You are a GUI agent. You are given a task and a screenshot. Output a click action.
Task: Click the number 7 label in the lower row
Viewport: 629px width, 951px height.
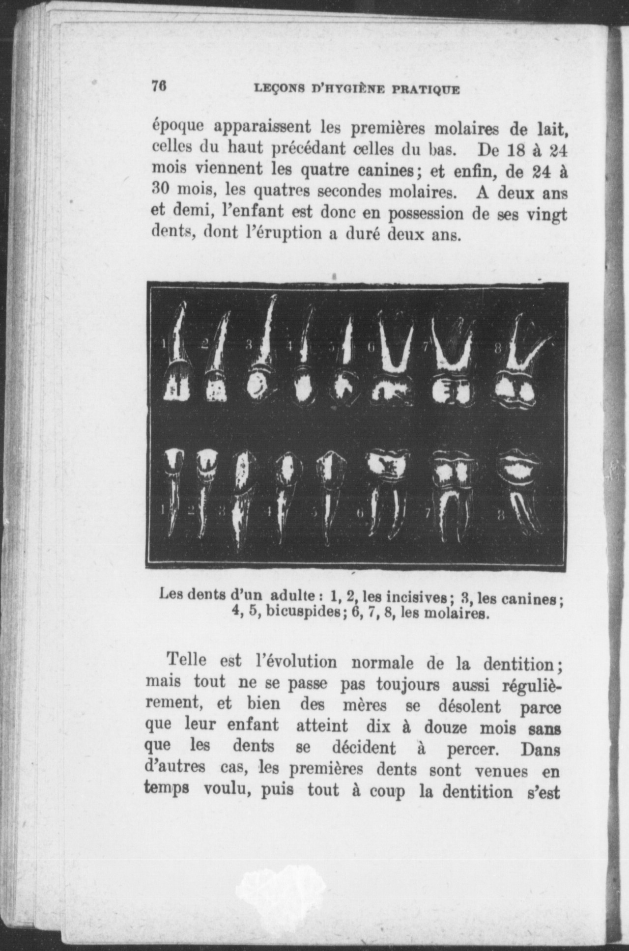(x=427, y=513)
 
